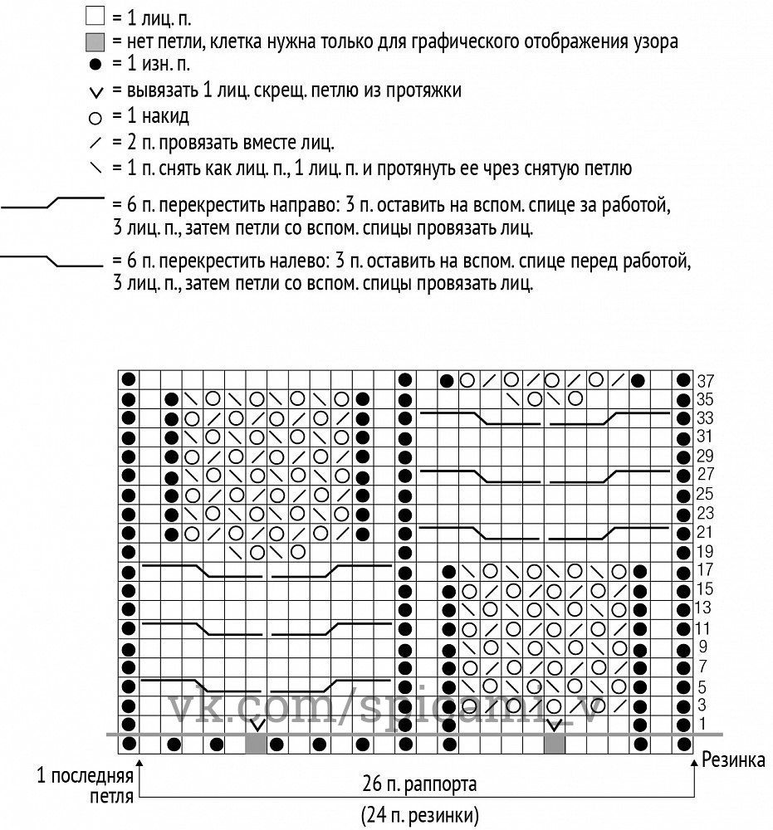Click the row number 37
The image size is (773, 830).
click(706, 380)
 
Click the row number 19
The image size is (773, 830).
click(705, 551)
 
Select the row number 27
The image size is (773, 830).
click(706, 474)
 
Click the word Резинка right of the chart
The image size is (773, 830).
click(734, 758)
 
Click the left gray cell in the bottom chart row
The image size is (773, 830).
click(256, 744)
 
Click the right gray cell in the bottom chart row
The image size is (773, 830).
click(554, 744)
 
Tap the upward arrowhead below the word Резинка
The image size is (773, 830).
click(694, 760)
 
